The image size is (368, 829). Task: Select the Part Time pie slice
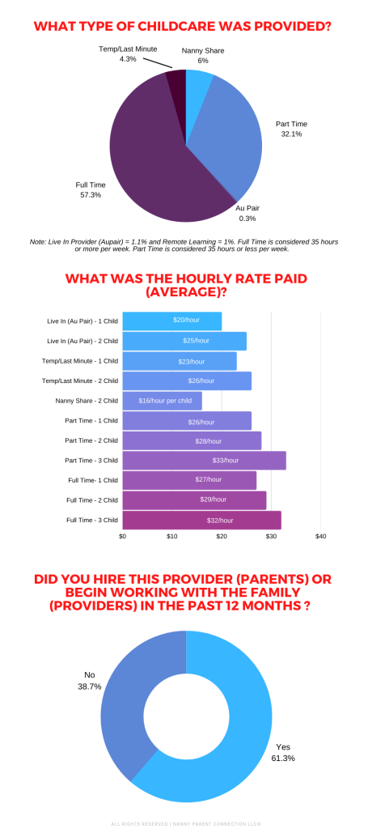pyautogui.click(x=231, y=138)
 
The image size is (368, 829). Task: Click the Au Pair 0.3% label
pyautogui.click(x=247, y=213)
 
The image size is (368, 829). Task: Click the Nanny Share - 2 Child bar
pyautogui.click(x=162, y=400)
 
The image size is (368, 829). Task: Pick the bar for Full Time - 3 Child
pyautogui.click(x=201, y=520)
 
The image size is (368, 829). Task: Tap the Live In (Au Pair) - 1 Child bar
pyautogui.click(x=171, y=321)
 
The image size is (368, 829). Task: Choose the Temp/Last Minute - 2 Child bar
pyautogui.click(x=187, y=380)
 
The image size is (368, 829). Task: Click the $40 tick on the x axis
pyautogui.click(x=320, y=536)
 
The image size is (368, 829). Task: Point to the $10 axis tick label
pyautogui.click(x=171, y=536)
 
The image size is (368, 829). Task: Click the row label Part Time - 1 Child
pyautogui.click(x=91, y=420)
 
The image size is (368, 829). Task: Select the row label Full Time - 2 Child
pyautogui.click(x=91, y=500)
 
